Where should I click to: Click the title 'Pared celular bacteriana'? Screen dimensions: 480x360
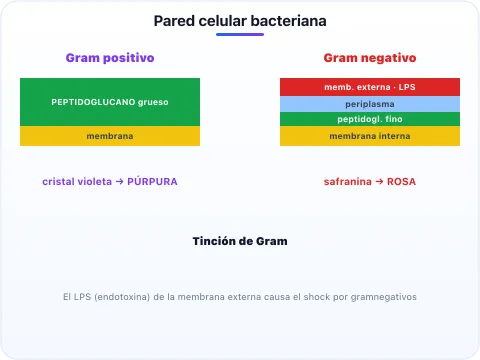click(x=240, y=21)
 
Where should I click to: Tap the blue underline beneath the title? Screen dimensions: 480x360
click(x=240, y=34)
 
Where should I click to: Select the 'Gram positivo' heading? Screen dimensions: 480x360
click(x=110, y=58)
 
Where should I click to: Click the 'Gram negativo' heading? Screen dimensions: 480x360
click(x=370, y=58)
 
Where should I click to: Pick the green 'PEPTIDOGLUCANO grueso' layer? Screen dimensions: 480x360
click(x=110, y=102)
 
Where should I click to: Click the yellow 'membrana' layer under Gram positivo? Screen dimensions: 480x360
click(x=110, y=136)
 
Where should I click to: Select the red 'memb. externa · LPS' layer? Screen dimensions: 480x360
click(x=370, y=87)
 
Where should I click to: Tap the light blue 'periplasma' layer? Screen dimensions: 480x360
click(x=370, y=104)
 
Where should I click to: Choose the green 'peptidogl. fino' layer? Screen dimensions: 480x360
click(x=370, y=119)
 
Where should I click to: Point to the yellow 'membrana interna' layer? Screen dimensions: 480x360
click(x=370, y=136)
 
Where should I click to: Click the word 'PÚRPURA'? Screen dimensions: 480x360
click(x=152, y=181)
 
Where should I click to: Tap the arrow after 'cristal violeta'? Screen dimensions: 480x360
click(x=120, y=182)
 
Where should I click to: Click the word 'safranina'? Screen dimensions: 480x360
click(x=348, y=182)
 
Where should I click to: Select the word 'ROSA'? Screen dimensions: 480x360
click(x=401, y=182)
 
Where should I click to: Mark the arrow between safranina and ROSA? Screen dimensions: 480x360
click(x=379, y=182)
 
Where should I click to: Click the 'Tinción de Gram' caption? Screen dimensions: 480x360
click(x=240, y=241)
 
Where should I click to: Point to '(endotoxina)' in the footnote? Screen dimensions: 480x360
click(x=122, y=297)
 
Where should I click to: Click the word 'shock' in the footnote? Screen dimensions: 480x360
click(x=317, y=297)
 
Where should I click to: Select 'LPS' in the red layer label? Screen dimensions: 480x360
click(x=407, y=87)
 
